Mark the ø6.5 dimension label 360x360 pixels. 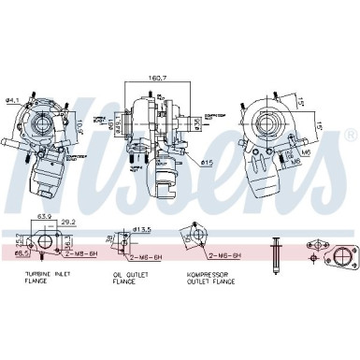click(x=21, y=252)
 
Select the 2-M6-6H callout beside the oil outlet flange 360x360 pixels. click(x=147, y=255)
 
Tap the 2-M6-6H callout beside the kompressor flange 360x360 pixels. click(x=224, y=255)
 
